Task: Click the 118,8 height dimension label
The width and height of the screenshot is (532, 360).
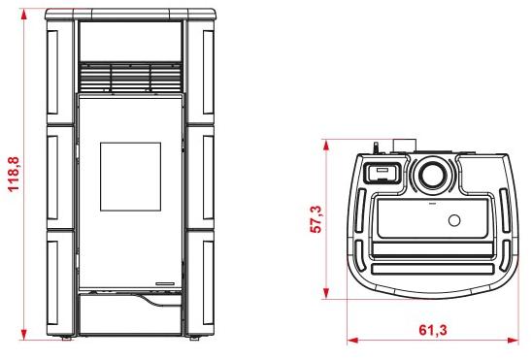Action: pos(15,175)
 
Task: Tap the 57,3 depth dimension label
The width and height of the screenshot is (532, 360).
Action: pos(316,219)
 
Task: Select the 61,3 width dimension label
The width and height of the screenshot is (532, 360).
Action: pos(433,330)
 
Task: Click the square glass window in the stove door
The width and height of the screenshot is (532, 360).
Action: pos(130,177)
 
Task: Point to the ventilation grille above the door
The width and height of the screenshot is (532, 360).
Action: pos(130,77)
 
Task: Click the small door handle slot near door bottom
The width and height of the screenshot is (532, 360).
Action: pos(165,283)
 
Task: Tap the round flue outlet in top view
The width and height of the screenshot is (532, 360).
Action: pos(433,176)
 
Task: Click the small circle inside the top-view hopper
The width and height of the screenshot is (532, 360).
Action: pos(454,220)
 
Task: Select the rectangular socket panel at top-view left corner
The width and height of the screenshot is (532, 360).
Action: pos(382,172)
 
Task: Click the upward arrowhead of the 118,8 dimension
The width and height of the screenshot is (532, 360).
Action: pos(23,15)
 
